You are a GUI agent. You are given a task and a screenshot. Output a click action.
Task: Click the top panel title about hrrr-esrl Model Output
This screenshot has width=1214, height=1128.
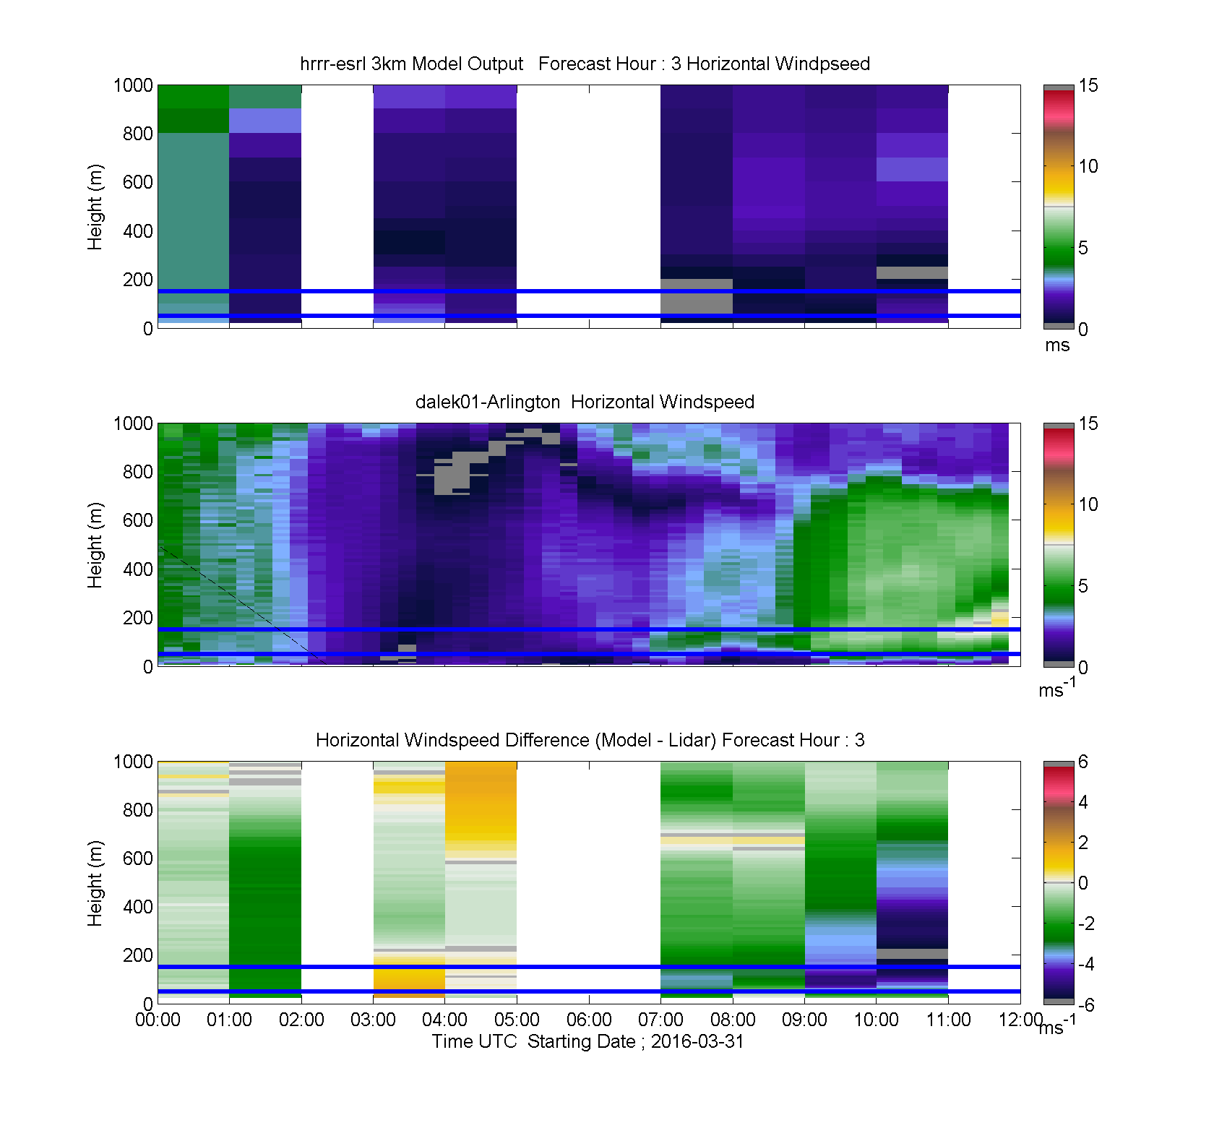(x=585, y=64)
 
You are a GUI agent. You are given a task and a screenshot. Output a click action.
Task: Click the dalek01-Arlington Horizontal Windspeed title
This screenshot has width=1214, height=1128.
(x=585, y=402)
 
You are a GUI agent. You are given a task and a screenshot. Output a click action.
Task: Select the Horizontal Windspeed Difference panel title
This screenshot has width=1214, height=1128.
(x=590, y=740)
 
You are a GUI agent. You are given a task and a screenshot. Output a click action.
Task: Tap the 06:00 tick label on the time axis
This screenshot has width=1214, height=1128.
(x=589, y=1020)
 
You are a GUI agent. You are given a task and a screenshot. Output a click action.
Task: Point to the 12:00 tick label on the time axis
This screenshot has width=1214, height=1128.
(x=1020, y=1020)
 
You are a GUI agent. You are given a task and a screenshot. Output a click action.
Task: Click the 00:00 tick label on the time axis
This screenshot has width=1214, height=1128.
(x=158, y=1020)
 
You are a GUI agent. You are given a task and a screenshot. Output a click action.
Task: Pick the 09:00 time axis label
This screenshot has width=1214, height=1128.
(x=804, y=1020)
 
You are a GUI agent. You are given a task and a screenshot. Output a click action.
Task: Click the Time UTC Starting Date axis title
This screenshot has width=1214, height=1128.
(x=587, y=1041)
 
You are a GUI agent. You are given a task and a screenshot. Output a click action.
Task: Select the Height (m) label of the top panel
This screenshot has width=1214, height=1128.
(x=95, y=207)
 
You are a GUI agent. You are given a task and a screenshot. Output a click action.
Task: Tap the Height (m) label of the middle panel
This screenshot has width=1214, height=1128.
(x=95, y=545)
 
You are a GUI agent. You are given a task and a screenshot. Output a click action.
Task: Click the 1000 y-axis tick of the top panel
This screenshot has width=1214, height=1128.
(x=134, y=85)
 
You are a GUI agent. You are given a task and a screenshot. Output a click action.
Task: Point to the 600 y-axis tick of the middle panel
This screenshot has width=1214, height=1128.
(x=138, y=520)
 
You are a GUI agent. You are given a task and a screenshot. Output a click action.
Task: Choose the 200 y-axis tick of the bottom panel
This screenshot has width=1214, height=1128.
(x=138, y=955)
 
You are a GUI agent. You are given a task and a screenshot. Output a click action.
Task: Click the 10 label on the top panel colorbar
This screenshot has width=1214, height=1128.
(x=1088, y=166)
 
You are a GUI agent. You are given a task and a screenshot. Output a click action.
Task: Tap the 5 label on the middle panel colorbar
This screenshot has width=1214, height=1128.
(x=1083, y=586)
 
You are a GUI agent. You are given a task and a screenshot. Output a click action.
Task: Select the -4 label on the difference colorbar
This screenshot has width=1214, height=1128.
(x=1085, y=964)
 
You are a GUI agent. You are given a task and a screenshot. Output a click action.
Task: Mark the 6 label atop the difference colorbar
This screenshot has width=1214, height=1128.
(x=1083, y=762)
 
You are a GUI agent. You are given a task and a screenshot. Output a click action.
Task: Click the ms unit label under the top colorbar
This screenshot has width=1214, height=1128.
(x=1057, y=345)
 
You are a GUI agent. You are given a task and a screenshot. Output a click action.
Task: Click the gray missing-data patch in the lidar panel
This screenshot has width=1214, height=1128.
(x=462, y=470)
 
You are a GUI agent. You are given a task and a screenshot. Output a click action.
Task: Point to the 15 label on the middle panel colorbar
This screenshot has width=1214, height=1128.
(x=1088, y=423)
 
